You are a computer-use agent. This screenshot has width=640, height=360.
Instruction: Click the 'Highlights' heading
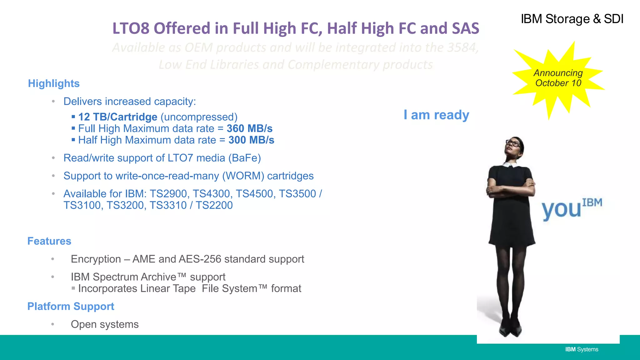pyautogui.click(x=54, y=83)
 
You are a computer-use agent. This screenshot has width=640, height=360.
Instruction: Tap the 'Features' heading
pyautogui.click(x=49, y=241)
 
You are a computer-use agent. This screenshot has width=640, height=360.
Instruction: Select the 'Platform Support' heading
pyautogui.click(x=71, y=306)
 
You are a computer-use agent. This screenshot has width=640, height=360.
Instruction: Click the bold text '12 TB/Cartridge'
pyautogui.click(x=118, y=117)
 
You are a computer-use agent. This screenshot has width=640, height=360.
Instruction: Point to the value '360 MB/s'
pyautogui.click(x=249, y=128)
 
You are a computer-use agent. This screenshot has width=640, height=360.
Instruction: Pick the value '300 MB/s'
pyautogui.click(x=251, y=140)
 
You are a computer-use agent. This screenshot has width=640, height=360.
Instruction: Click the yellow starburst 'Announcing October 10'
pyautogui.click(x=558, y=78)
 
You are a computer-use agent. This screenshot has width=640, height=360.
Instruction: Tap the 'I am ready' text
pyautogui.click(x=436, y=115)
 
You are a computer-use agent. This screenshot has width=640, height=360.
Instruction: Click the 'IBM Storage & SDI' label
pyautogui.click(x=572, y=19)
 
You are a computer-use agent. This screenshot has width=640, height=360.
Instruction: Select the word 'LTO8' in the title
pyautogui.click(x=131, y=28)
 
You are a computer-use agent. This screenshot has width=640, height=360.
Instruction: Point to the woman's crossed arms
pyautogui.click(x=511, y=189)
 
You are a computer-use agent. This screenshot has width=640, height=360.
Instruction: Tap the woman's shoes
pyautogui.click(x=511, y=330)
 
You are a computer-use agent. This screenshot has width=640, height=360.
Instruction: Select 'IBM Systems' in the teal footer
pyautogui.click(x=582, y=349)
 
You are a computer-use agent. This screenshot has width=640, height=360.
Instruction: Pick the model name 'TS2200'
pyautogui.click(x=214, y=205)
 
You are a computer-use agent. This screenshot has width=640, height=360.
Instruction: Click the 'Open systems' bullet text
pyautogui.click(x=105, y=324)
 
